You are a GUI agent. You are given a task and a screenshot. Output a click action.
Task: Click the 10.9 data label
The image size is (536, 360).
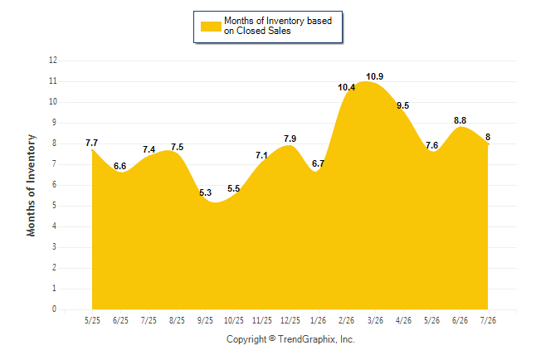(x=375, y=76)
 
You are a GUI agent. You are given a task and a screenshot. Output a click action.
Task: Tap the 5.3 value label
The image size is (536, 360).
(x=206, y=192)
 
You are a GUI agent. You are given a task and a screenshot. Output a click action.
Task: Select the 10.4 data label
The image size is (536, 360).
(x=346, y=88)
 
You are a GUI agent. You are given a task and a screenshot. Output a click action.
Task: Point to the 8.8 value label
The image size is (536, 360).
(x=460, y=120)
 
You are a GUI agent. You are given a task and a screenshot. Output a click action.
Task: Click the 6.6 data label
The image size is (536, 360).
(x=120, y=166)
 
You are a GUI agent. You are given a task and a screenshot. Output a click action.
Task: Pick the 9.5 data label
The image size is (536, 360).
(x=402, y=105)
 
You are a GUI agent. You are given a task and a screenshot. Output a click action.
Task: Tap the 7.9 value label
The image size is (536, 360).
(x=290, y=139)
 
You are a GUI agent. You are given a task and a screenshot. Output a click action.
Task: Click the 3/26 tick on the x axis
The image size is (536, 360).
(x=375, y=320)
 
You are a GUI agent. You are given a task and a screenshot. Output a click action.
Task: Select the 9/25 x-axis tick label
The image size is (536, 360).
(x=205, y=320)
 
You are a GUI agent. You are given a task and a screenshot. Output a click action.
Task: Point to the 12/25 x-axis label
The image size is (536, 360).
(x=290, y=320)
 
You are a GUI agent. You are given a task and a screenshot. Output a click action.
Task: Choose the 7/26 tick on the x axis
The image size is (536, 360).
(x=488, y=320)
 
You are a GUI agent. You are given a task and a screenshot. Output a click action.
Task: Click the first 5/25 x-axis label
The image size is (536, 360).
(x=92, y=320)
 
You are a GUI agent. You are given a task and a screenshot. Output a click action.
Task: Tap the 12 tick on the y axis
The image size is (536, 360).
(x=53, y=61)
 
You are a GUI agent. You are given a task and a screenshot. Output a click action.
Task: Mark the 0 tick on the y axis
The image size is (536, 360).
(x=55, y=309)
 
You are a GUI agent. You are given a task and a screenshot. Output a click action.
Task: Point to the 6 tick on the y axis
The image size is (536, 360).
(x=55, y=185)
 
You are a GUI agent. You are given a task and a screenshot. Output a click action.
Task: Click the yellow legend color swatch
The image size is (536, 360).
(x=211, y=27)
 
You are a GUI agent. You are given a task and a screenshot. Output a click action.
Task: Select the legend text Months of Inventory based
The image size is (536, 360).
(x=278, y=21)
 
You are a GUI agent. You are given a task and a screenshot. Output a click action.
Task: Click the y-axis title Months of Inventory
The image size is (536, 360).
(x=31, y=185)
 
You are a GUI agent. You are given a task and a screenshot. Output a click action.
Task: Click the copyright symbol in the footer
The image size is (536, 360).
(x=272, y=338)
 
